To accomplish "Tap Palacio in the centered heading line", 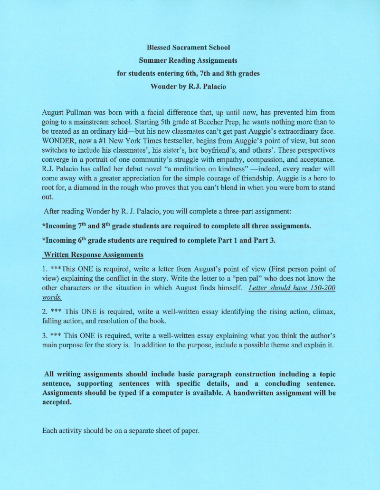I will click(207, 87).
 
